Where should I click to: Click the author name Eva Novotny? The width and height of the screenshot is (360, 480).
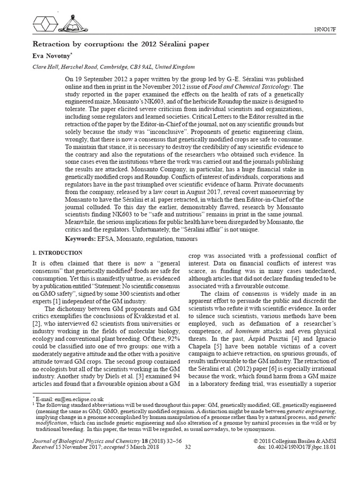(x=50, y=55)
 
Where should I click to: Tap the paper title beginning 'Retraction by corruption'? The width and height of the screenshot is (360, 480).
(x=120, y=45)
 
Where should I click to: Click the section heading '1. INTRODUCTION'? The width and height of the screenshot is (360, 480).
(x=55, y=253)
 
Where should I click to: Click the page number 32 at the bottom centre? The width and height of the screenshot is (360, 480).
(x=187, y=447)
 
